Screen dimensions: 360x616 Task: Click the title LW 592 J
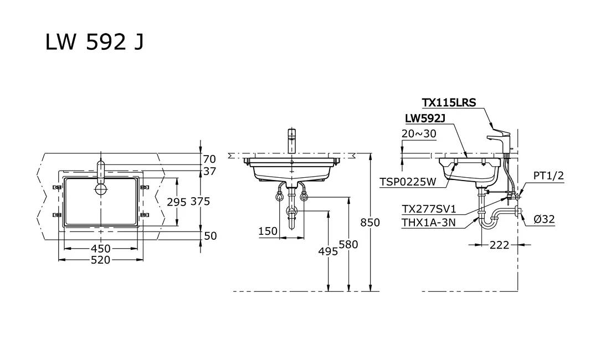tap(95, 43)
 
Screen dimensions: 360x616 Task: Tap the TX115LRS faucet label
tap(449, 102)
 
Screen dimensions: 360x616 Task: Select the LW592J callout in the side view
tap(425, 118)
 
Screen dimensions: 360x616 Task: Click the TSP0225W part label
tap(408, 181)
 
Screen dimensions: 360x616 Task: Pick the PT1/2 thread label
tap(548, 176)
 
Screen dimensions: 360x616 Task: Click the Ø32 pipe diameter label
tap(544, 219)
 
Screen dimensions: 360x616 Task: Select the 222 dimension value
tap(499, 245)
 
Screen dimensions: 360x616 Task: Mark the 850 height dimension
tap(370, 223)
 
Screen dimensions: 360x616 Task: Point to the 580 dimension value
tap(348, 244)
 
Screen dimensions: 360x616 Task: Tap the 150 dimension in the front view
tap(268, 232)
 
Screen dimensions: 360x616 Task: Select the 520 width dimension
tap(100, 260)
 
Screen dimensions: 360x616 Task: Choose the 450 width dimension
tap(100, 249)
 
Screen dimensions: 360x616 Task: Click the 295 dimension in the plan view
tap(177, 202)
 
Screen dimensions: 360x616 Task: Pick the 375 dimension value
tap(200, 202)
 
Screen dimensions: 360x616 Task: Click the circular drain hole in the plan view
tap(101, 189)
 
